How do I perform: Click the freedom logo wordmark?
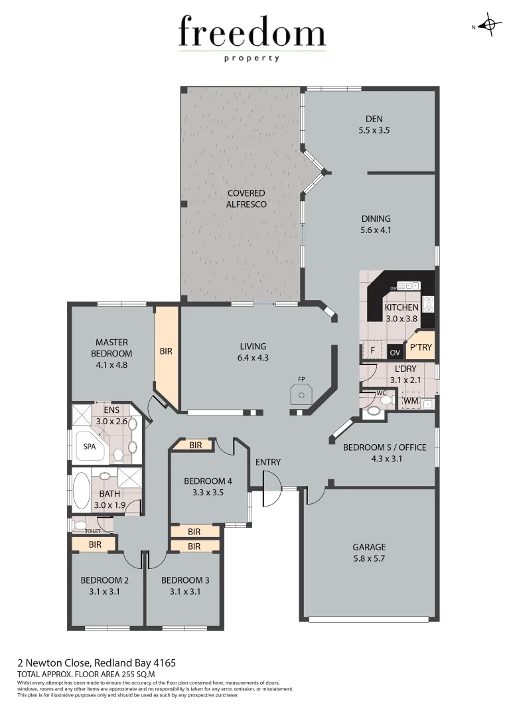252,33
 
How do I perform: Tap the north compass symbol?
489,26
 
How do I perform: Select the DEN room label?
374,125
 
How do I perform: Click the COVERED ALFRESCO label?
247,199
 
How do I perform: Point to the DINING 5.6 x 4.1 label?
376,224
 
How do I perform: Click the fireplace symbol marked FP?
303,394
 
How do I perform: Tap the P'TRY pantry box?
420,348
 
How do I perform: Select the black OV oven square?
396,352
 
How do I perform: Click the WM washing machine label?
411,400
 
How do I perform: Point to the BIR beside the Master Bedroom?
166,351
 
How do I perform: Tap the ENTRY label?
267,462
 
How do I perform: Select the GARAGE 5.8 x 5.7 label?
369,552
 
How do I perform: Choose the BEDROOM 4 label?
208,487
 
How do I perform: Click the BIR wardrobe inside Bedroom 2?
94,544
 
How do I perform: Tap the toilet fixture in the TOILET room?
80,525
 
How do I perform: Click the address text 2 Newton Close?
96,663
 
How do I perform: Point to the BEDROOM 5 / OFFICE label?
384,453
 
